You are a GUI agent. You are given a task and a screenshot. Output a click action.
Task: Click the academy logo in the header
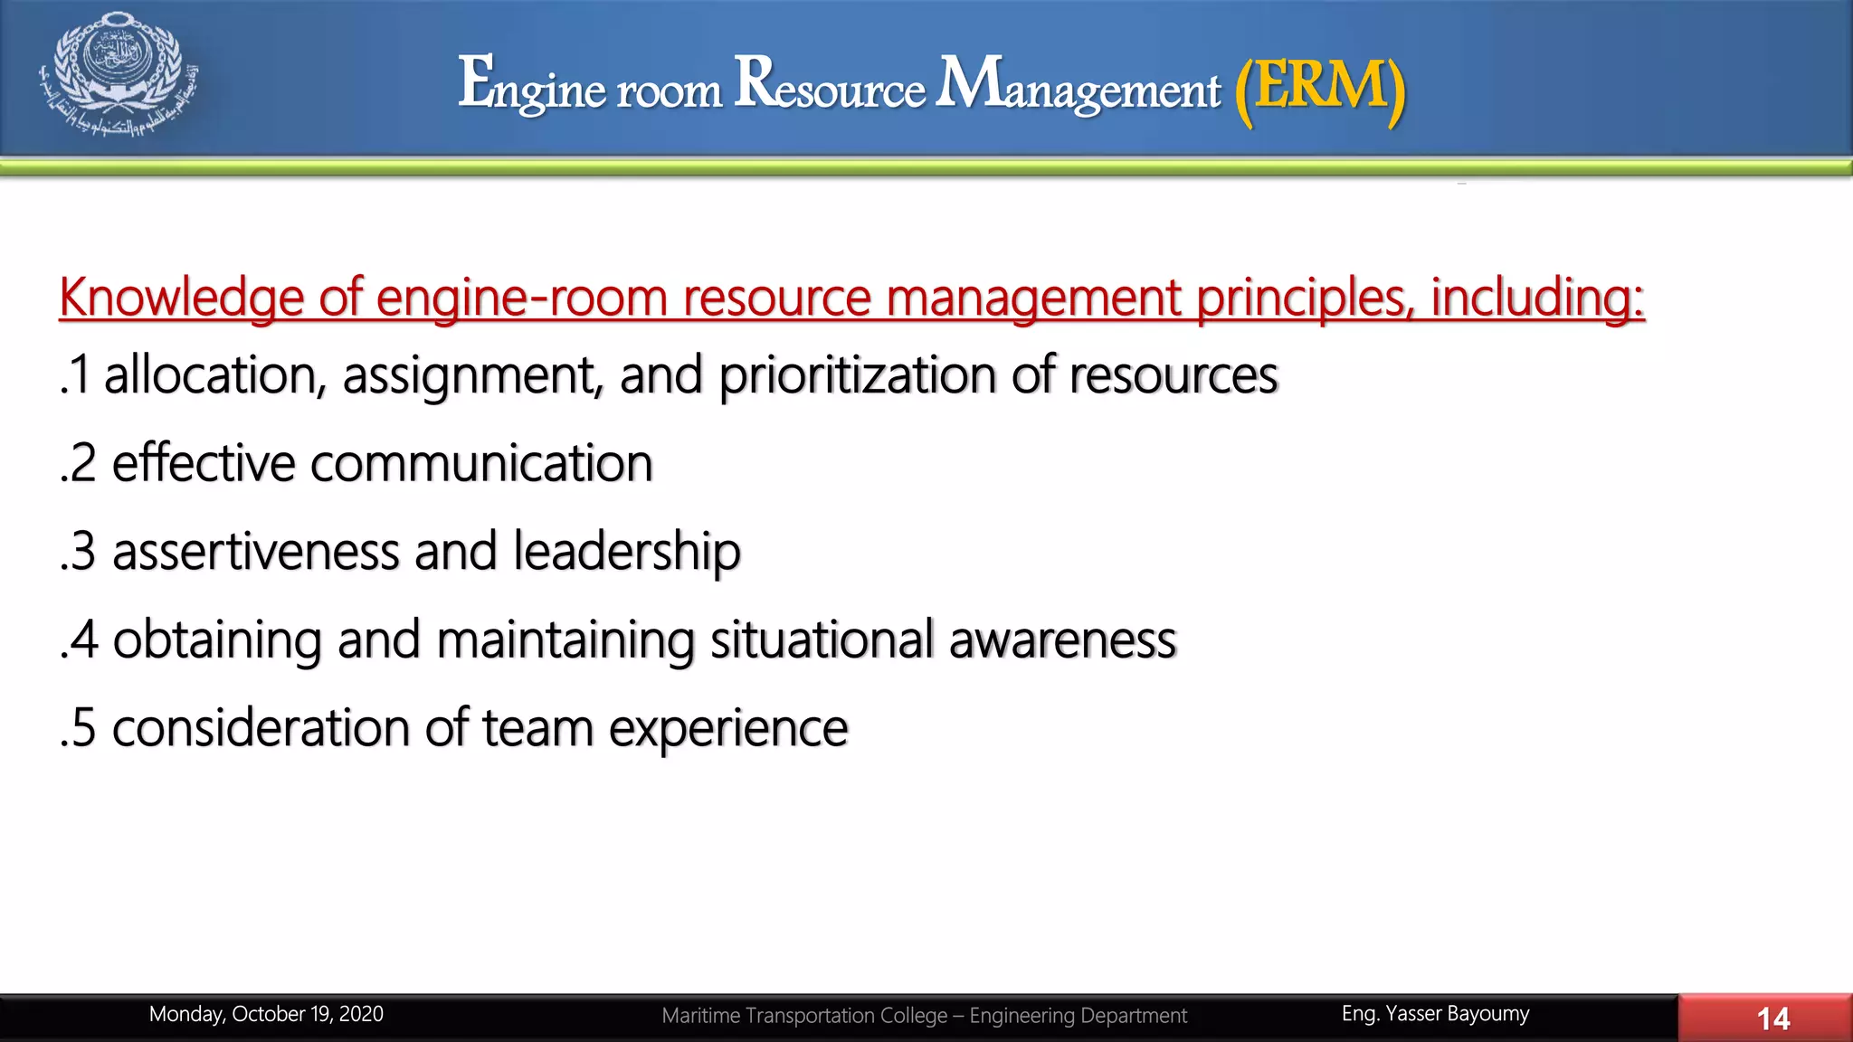pyautogui.click(x=119, y=74)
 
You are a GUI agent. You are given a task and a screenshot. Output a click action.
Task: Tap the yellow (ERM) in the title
pyautogui.click(x=1320, y=87)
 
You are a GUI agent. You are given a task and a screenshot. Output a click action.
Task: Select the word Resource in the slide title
pyautogui.click(x=830, y=85)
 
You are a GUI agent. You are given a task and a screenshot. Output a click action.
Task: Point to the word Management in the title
pyautogui.click(x=1078, y=87)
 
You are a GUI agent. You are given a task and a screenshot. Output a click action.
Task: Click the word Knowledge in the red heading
pyautogui.click(x=181, y=298)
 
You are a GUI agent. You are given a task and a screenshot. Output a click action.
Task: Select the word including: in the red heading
pyautogui.click(x=1537, y=298)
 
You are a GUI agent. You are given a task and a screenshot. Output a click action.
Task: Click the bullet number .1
pyautogui.click(x=75, y=375)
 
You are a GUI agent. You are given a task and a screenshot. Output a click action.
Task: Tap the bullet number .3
pyautogui.click(x=78, y=552)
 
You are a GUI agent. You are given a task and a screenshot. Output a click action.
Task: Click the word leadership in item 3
pyautogui.click(x=627, y=552)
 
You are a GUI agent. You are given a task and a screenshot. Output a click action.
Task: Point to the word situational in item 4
pyautogui.click(x=822, y=639)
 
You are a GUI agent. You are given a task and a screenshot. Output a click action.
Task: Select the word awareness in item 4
pyautogui.click(x=1062, y=639)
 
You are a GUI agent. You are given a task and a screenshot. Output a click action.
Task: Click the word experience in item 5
pyautogui.click(x=728, y=728)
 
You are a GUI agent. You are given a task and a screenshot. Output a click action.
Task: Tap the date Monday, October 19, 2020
pyautogui.click(x=266, y=1014)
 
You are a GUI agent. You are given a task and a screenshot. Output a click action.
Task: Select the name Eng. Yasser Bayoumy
pyautogui.click(x=1435, y=1014)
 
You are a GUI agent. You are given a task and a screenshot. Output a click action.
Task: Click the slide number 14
pyautogui.click(x=1772, y=1018)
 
